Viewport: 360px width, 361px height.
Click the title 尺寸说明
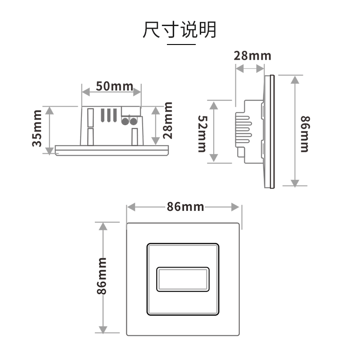pos(180,29)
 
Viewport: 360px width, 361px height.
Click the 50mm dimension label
pos(115,86)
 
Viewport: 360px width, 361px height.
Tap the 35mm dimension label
pos(37,129)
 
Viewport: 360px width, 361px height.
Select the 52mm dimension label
pos(202,134)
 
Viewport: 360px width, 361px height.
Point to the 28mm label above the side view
pos(252,56)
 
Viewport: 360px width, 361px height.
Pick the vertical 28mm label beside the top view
pos(167,120)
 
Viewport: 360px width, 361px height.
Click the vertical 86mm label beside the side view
pos(305,134)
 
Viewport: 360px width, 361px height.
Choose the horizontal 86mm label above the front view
pos(185,206)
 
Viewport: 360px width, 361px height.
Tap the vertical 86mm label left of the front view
pos(101,276)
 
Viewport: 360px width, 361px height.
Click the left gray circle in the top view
pos(125,121)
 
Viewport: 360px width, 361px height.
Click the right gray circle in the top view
pos(134,121)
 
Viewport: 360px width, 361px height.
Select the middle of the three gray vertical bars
pos(109,115)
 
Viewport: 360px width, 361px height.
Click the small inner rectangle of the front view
pos(183,279)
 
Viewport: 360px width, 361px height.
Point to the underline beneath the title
pos(181,44)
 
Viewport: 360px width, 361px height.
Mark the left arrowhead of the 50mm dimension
pos(86,92)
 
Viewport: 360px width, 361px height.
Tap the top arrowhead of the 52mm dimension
pos(214,106)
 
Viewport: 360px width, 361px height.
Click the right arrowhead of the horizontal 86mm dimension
pos(235,207)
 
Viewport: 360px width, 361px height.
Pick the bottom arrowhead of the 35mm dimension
pos(49,151)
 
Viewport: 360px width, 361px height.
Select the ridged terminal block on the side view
pos(243,129)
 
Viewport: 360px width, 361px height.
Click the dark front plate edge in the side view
pos(272,132)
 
